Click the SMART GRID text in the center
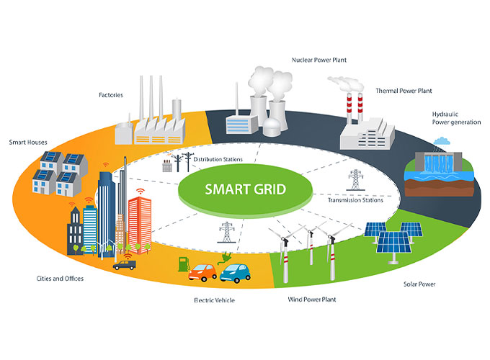point(245,191)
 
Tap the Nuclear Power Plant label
point(319,60)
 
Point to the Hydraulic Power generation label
point(452,117)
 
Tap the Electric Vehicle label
point(214,300)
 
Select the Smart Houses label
point(28,142)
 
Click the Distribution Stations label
point(217,159)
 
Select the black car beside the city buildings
point(124,264)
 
